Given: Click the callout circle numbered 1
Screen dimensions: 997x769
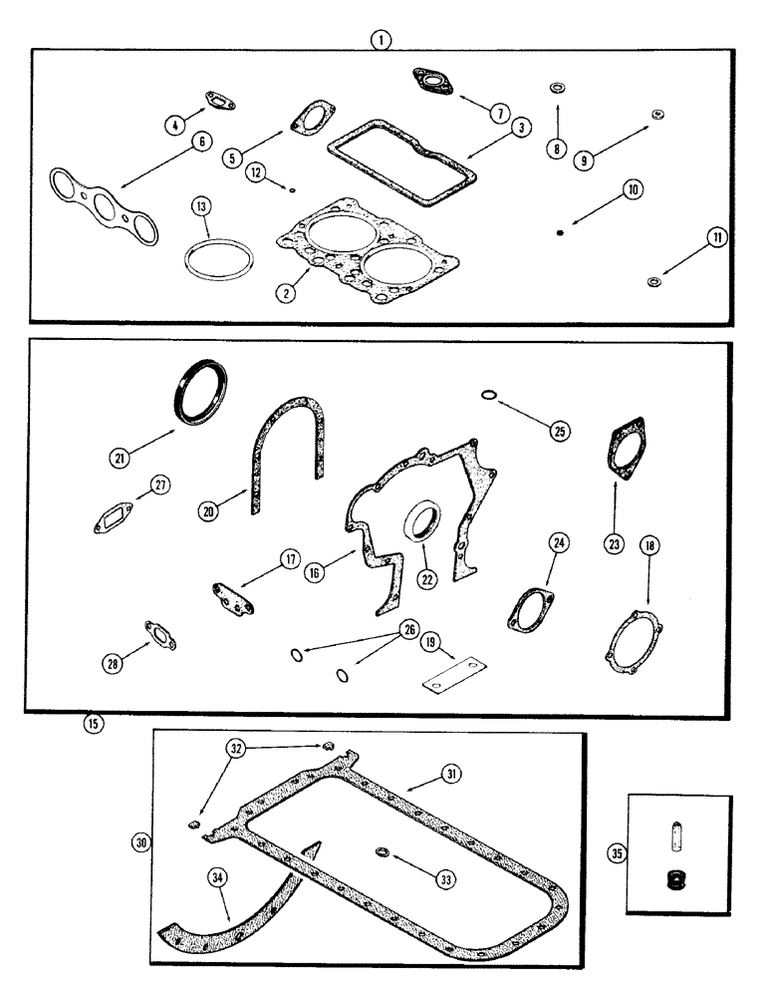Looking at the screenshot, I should pos(382,39).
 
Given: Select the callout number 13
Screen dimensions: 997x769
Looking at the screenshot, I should pos(202,206).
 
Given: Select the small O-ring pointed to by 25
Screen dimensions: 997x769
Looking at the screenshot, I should pos(487,397).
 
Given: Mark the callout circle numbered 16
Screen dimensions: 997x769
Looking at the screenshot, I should pos(314,575).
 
